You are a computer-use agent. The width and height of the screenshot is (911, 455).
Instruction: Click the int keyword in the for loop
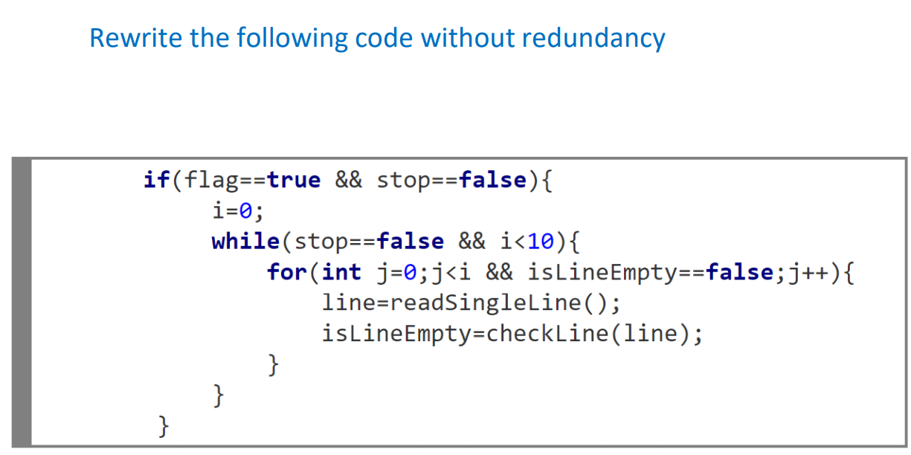click(341, 272)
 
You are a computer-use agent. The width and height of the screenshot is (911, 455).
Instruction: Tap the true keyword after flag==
click(294, 180)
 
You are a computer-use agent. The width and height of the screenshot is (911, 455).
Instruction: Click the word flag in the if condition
click(213, 180)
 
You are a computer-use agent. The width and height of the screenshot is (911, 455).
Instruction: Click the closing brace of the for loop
click(274, 365)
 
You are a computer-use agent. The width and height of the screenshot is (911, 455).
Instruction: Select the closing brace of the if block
click(164, 426)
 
